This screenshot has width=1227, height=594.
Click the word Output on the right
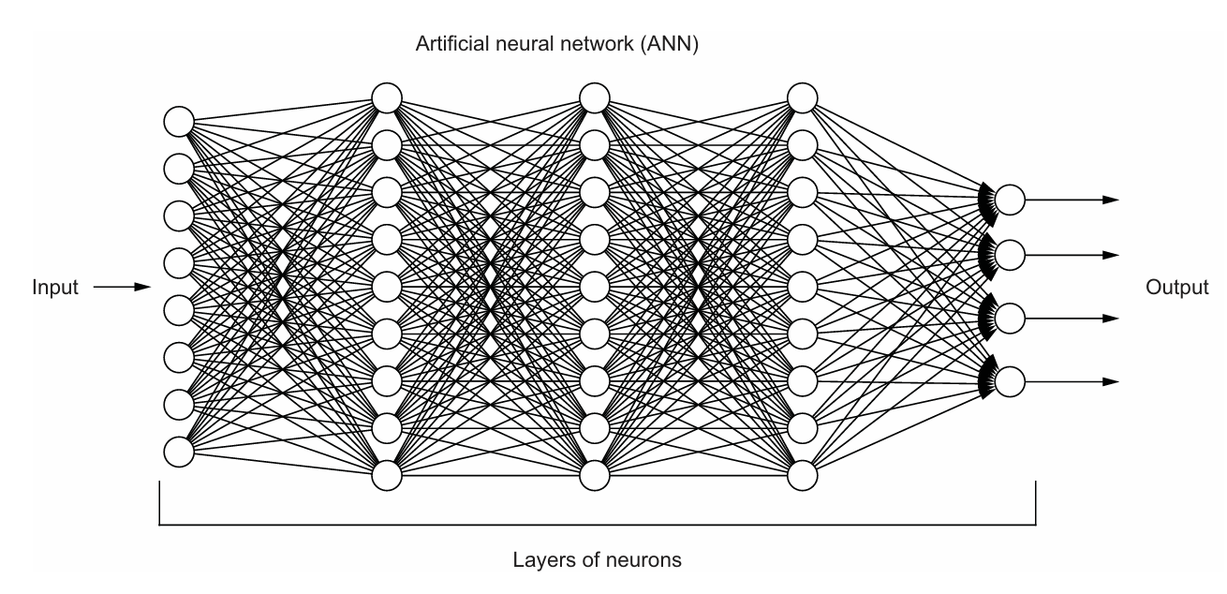(x=1175, y=288)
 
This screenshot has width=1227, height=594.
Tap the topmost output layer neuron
(x=1010, y=200)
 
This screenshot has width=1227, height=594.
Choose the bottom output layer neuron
(x=1010, y=381)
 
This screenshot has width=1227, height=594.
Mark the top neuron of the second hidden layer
(x=594, y=97)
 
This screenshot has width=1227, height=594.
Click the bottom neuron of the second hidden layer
(x=594, y=475)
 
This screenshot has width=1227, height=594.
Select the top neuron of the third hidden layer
(x=803, y=97)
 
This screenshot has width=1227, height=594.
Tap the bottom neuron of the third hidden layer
(x=803, y=475)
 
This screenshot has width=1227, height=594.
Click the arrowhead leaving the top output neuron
(x=1111, y=200)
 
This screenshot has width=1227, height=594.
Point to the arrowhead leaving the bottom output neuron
(x=1111, y=381)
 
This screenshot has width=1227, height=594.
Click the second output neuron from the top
(x=1010, y=254)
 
